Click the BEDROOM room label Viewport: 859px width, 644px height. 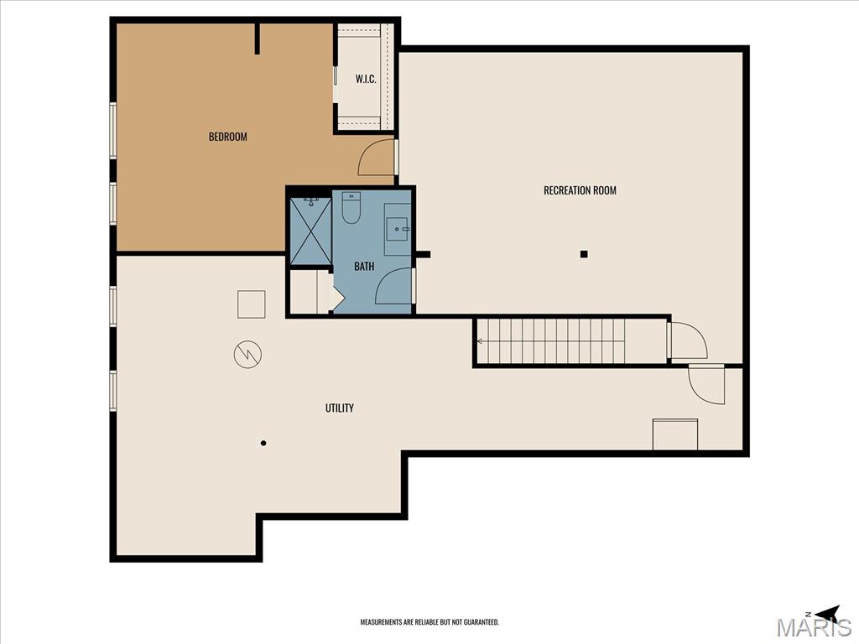click(x=228, y=137)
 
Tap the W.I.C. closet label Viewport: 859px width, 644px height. click(x=366, y=79)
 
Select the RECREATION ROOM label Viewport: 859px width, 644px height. click(x=580, y=190)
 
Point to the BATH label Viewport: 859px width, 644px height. click(x=364, y=266)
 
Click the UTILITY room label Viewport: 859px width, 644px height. click(x=339, y=408)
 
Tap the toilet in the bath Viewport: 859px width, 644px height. click(x=351, y=208)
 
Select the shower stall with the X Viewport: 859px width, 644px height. click(x=310, y=231)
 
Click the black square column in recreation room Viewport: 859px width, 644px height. click(x=584, y=253)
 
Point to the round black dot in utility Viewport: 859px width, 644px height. click(x=263, y=443)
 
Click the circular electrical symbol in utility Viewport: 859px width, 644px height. click(x=247, y=355)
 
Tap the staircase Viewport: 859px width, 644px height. click(x=551, y=341)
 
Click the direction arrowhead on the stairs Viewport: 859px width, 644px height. click(x=479, y=341)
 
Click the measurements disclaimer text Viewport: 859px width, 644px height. click(x=429, y=622)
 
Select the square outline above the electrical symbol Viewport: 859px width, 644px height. click(x=252, y=304)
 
